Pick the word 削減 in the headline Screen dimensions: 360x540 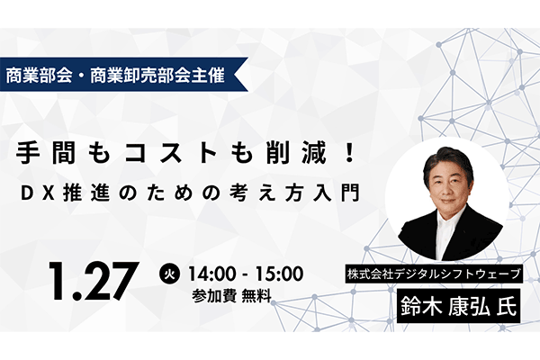[290, 153]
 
